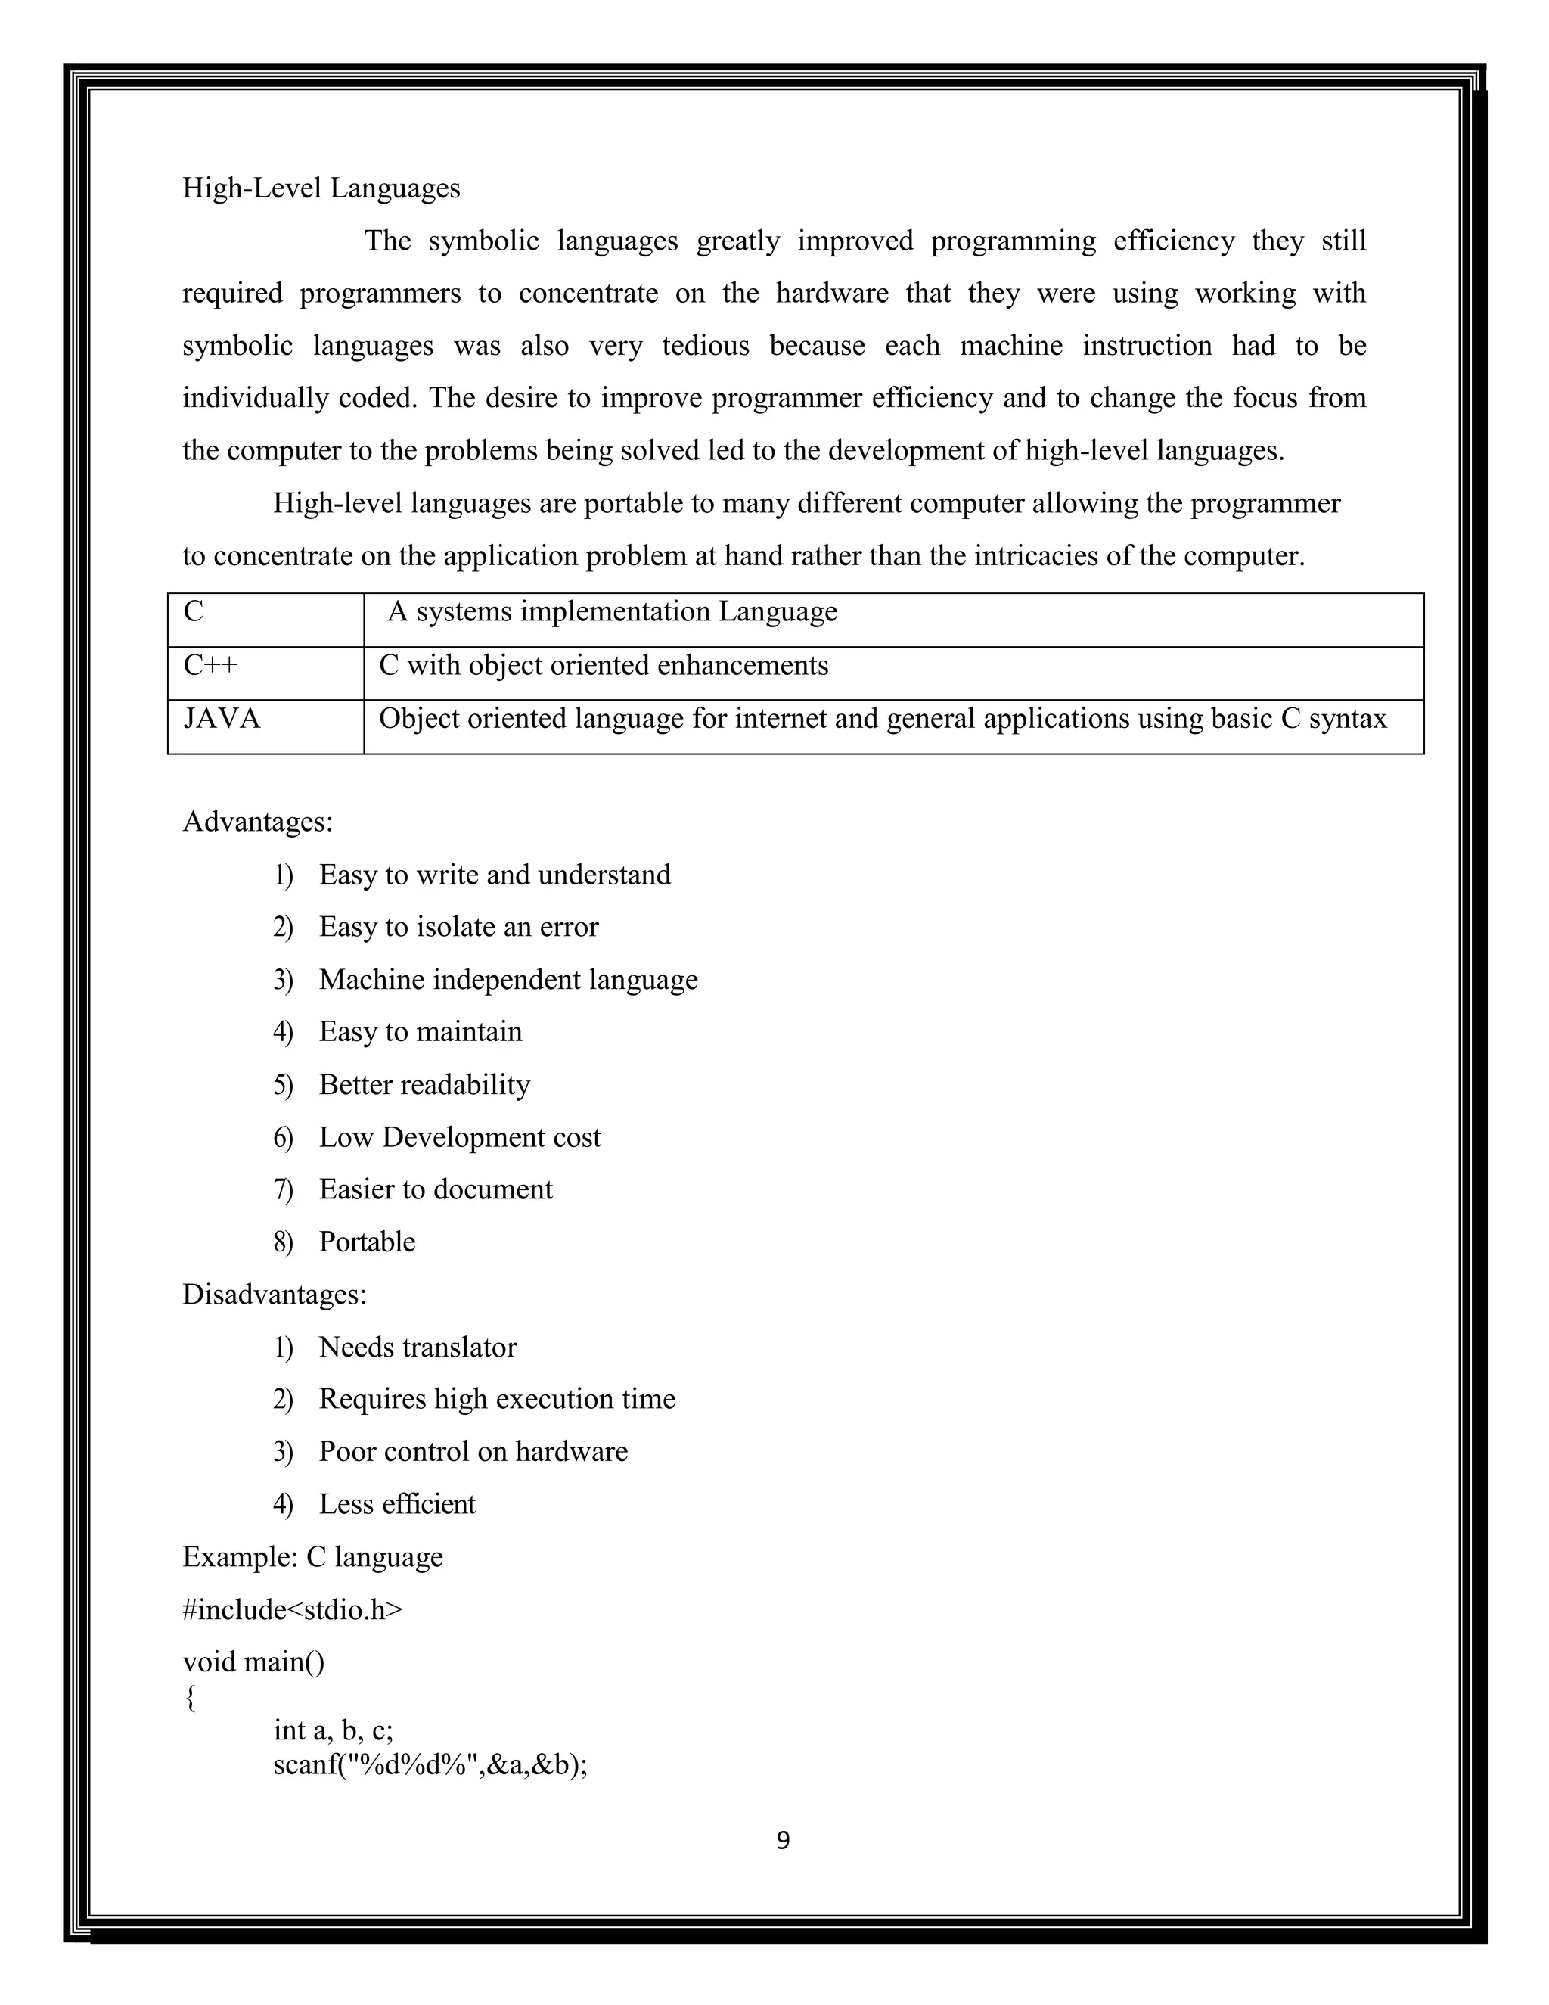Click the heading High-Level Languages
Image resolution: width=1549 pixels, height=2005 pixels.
coord(321,188)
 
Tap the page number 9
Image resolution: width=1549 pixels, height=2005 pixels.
coord(783,1840)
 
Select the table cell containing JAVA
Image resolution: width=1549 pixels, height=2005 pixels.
coord(265,726)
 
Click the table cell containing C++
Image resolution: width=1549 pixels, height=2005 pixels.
coord(265,672)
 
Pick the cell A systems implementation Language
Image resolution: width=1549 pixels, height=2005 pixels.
coord(612,611)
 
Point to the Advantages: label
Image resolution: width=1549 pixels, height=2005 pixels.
coord(258,821)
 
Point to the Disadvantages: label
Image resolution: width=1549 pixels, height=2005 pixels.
coord(275,1294)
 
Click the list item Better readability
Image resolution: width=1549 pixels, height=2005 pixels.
coord(424,1084)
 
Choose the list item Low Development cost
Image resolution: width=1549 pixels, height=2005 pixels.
coord(459,1136)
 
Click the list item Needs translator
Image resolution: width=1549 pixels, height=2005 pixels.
coord(418,1347)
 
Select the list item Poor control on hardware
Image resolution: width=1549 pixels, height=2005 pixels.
coord(473,1451)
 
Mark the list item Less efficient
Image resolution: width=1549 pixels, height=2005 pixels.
coord(396,1504)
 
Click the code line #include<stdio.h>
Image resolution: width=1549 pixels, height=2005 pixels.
coord(292,1609)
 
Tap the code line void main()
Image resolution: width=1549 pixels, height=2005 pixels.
coord(253,1662)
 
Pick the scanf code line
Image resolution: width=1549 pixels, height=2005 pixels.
coord(430,1764)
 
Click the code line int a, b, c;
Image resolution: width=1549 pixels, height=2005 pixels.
coord(333,1730)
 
